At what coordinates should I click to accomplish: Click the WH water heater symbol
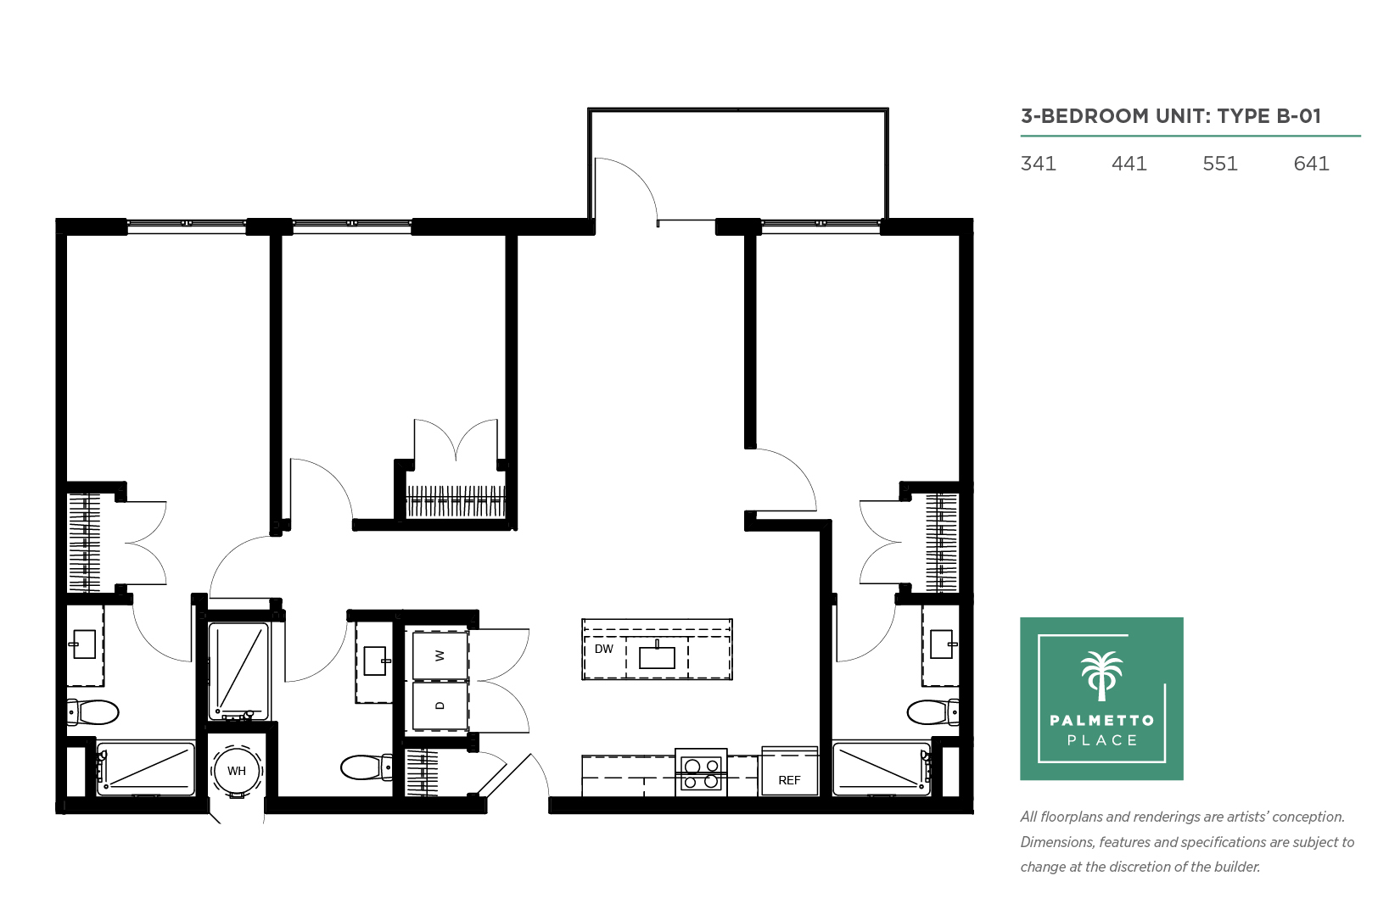236,771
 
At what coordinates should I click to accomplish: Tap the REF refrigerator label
789,780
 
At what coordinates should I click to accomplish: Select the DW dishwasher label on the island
603,649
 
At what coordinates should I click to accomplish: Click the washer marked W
440,655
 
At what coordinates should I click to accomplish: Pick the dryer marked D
440,706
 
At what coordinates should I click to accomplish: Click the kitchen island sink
657,655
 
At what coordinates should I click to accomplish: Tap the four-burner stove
701,773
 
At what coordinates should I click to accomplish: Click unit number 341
1038,164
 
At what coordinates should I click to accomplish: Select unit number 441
1129,164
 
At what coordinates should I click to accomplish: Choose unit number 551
1219,164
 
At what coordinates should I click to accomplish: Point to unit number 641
1311,164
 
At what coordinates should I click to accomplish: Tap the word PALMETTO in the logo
1101,721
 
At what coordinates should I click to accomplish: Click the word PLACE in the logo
1102,740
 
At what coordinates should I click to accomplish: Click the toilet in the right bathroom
933,712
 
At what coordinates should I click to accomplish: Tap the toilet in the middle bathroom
367,767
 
